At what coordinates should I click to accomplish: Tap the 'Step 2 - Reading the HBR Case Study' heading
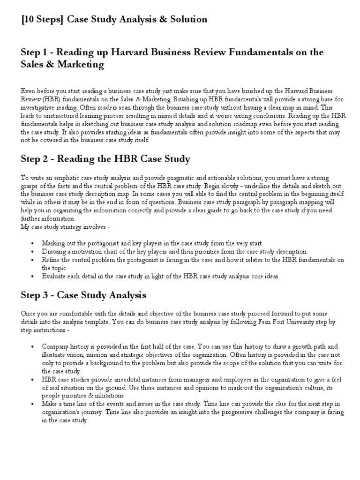(x=105, y=158)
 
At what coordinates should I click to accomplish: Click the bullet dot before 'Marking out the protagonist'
(x=31, y=243)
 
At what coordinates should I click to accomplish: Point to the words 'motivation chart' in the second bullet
(x=88, y=251)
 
